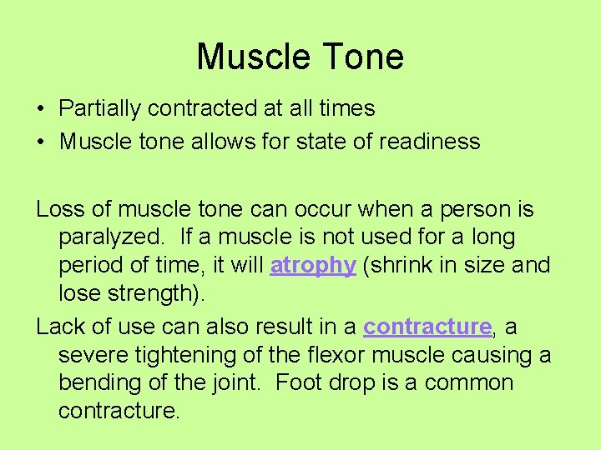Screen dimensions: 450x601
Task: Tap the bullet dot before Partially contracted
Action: (40, 109)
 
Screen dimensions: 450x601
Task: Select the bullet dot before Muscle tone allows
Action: (40, 142)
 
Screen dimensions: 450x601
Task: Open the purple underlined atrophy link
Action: (313, 266)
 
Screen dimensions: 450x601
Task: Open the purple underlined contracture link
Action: (427, 327)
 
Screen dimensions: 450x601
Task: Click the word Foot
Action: (295, 383)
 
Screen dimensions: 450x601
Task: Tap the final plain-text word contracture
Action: (118, 412)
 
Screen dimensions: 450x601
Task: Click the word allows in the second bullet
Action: (230, 142)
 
